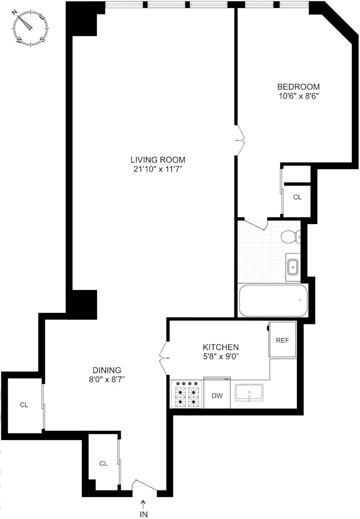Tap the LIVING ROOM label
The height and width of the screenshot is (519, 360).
(154, 160)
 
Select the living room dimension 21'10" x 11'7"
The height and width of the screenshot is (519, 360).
(154, 169)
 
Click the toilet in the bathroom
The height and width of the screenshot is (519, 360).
(289, 236)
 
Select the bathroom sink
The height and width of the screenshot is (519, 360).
(292, 267)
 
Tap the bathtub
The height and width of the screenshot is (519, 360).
(273, 300)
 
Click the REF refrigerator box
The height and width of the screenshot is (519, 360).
(282, 340)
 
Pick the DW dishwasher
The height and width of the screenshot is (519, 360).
(217, 395)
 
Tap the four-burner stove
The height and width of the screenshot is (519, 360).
(187, 394)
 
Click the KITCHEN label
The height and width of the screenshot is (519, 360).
(220, 347)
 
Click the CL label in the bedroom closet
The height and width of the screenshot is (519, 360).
(297, 197)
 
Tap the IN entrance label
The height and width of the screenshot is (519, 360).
(144, 513)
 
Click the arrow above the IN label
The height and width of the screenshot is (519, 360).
(144, 502)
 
